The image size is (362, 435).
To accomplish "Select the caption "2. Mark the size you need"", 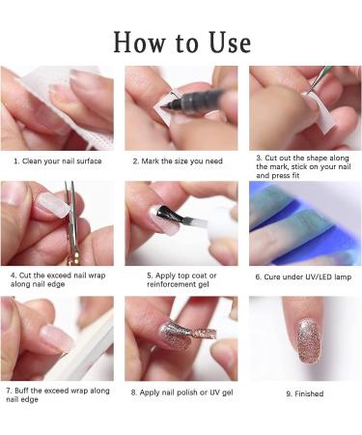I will [180, 160].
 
